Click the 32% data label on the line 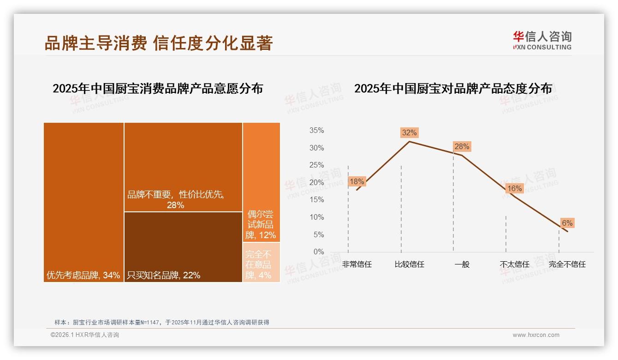[x=409, y=133]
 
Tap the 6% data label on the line [x=567, y=223]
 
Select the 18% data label [x=357, y=182]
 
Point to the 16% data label [x=514, y=188]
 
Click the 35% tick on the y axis [x=316, y=131]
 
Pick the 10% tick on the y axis [x=316, y=217]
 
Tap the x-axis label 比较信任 [x=409, y=264]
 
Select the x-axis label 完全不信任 [x=567, y=264]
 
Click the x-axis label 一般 [x=462, y=264]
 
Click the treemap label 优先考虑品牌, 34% [x=83, y=276]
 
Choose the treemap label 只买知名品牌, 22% [x=163, y=276]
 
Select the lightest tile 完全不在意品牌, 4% [x=261, y=262]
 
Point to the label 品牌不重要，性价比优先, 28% [x=175, y=200]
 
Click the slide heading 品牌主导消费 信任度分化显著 [x=159, y=43]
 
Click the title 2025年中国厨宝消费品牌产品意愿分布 [x=158, y=89]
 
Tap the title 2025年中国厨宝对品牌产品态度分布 [x=453, y=89]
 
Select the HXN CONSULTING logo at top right [x=542, y=41]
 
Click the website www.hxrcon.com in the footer [x=536, y=335]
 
